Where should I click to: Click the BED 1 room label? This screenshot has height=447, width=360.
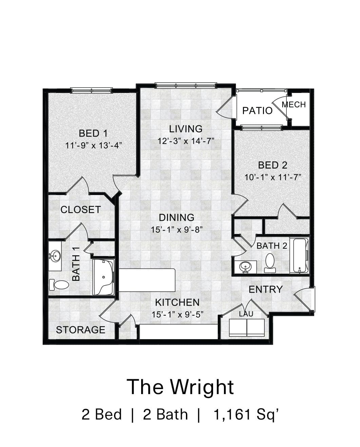(93, 133)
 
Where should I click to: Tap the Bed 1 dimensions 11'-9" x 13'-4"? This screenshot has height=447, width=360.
(93, 145)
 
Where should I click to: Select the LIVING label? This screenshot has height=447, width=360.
(186, 129)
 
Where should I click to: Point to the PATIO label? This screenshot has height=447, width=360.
(257, 111)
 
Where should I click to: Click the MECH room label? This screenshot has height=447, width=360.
(294, 104)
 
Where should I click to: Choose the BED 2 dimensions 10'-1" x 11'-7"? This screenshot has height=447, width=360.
(273, 177)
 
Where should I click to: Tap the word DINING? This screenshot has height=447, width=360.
(177, 217)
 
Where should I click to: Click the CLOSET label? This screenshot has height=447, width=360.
(81, 210)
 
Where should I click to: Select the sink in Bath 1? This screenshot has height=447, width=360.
(55, 255)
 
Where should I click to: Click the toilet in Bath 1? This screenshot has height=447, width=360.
(59, 284)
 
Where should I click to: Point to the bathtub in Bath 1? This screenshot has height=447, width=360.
(103, 277)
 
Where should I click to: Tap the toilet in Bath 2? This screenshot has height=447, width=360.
(270, 263)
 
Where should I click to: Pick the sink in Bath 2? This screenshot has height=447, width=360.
(245, 267)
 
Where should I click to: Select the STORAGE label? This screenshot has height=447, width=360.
(81, 330)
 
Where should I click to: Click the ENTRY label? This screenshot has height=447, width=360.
(266, 289)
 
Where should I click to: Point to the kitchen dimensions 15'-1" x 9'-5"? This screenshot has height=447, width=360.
(177, 314)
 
